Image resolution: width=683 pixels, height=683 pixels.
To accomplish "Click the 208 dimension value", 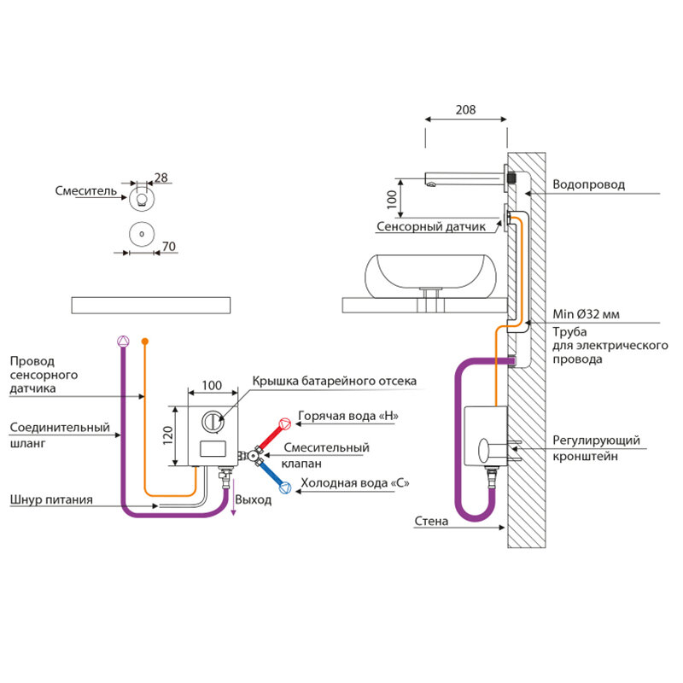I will click(464, 110).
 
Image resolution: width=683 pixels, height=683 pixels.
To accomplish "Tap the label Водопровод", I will click(588, 184).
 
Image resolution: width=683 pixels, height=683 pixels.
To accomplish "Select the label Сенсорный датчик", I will click(430, 227).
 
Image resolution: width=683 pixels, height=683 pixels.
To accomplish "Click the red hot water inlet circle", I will click(285, 422).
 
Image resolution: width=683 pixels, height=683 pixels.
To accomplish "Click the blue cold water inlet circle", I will click(285, 488).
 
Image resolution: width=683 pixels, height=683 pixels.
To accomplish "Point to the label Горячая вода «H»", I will click(348, 417).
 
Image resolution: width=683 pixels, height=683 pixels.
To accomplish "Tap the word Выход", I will click(255, 499).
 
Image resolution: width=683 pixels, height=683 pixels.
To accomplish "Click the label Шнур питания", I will click(52, 499).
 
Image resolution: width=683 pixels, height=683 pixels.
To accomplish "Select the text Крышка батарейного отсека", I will click(335, 381).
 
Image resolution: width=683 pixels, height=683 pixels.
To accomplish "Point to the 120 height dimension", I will click(168, 435).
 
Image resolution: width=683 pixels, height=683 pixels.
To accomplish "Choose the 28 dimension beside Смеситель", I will click(161, 178).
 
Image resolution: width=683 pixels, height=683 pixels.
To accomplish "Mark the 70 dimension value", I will click(168, 247).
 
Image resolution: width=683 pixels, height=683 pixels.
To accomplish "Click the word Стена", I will click(431, 521).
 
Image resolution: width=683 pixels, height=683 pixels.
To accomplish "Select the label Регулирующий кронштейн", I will click(595, 448).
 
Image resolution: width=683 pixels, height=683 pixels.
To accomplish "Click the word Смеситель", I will click(85, 191).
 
